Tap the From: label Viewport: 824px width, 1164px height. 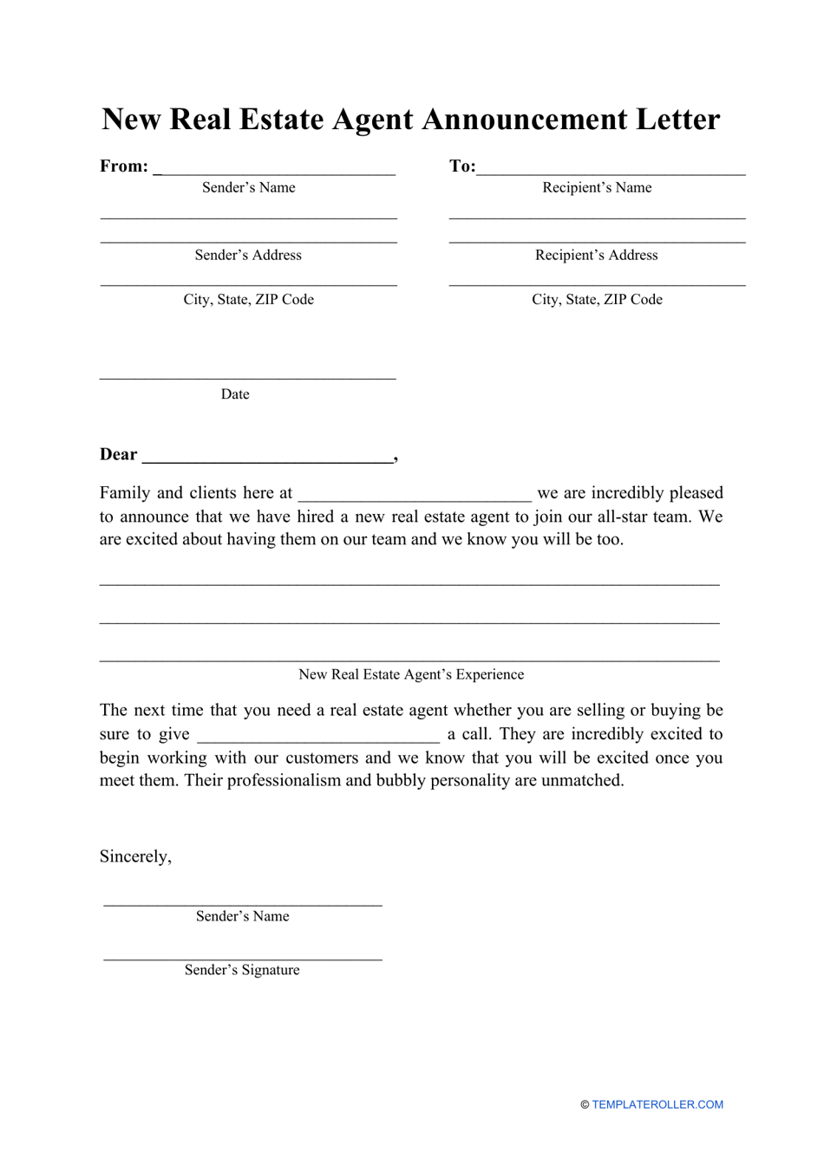pyautogui.click(x=124, y=166)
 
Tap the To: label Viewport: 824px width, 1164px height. pyautogui.click(x=462, y=166)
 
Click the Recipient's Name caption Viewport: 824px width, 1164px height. pyautogui.click(x=597, y=188)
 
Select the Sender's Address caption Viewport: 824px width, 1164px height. pyautogui.click(x=248, y=256)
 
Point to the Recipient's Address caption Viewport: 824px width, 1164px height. pyautogui.click(x=597, y=256)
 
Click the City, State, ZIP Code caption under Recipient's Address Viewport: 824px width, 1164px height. pyautogui.click(x=597, y=300)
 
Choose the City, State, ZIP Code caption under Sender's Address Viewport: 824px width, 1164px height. pyautogui.click(x=248, y=300)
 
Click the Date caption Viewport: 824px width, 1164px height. pyautogui.click(x=235, y=394)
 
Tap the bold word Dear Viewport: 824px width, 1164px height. pyautogui.click(x=119, y=455)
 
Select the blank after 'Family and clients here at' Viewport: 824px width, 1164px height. pyautogui.click(x=415, y=499)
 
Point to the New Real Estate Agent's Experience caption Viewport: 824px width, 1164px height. pyautogui.click(x=411, y=675)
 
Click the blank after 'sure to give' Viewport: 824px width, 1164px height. pyautogui.click(x=318, y=740)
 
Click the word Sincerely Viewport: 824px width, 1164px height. pyautogui.click(x=135, y=857)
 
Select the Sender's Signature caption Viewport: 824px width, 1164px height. pyautogui.click(x=242, y=971)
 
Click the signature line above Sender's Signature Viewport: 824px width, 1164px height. pyautogui.click(x=243, y=959)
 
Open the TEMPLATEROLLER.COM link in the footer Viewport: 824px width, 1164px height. pyautogui.click(x=657, y=1105)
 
